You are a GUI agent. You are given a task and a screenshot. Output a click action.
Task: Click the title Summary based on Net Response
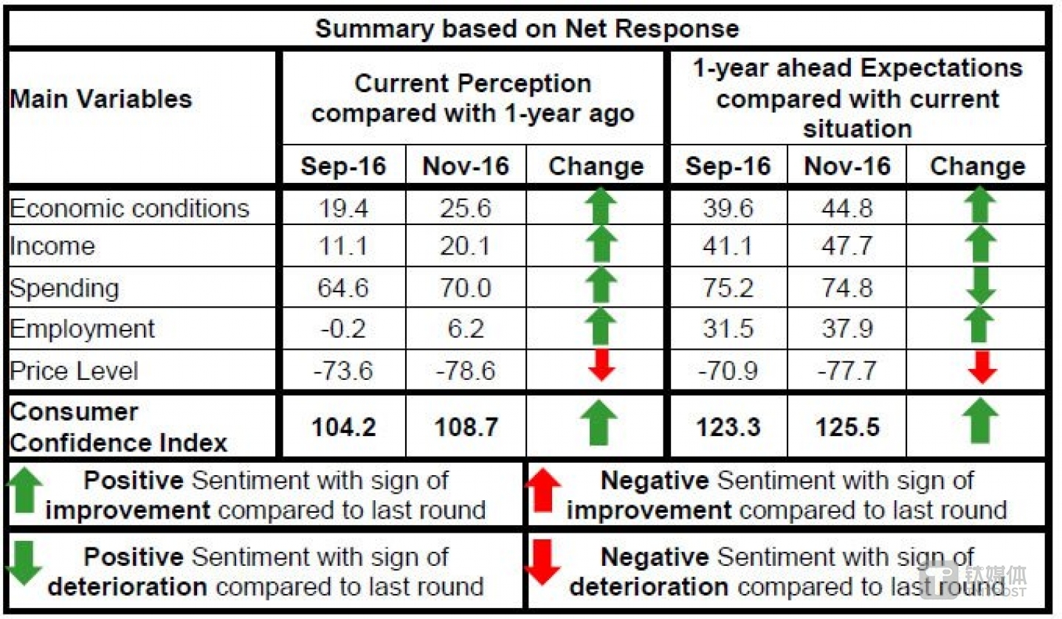tap(527, 29)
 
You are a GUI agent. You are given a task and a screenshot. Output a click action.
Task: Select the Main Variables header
tap(101, 99)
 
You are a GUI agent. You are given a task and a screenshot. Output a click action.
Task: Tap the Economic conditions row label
tap(129, 209)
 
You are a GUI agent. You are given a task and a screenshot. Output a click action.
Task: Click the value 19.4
tap(343, 209)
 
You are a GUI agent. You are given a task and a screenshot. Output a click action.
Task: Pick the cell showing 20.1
tap(465, 246)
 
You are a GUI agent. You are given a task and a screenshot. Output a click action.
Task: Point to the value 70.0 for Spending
tap(465, 288)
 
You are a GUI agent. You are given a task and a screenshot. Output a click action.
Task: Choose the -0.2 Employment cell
tap(343, 328)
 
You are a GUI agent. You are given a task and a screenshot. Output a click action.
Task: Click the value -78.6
tap(465, 370)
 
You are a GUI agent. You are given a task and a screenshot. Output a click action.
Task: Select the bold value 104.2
tap(343, 426)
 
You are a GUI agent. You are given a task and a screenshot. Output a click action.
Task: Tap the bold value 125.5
tap(847, 426)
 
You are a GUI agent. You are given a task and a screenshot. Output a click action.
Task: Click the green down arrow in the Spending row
tap(979, 286)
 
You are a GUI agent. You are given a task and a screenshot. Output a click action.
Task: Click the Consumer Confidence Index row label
tap(118, 427)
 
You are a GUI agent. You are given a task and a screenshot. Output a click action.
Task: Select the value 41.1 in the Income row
tap(728, 246)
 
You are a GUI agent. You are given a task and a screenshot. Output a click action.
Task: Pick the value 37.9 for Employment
tap(847, 328)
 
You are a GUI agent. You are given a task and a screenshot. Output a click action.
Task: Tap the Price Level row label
tap(74, 370)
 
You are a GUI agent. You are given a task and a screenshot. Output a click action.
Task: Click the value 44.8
tap(847, 209)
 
